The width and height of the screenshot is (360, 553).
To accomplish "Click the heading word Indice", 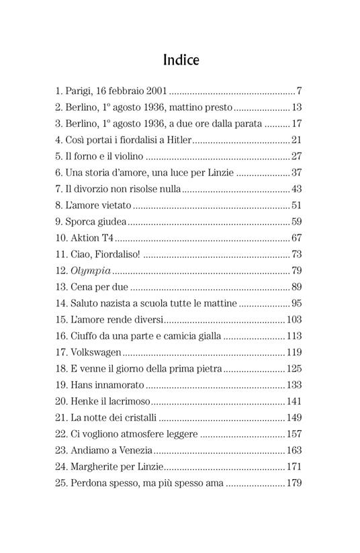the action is (181, 60).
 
